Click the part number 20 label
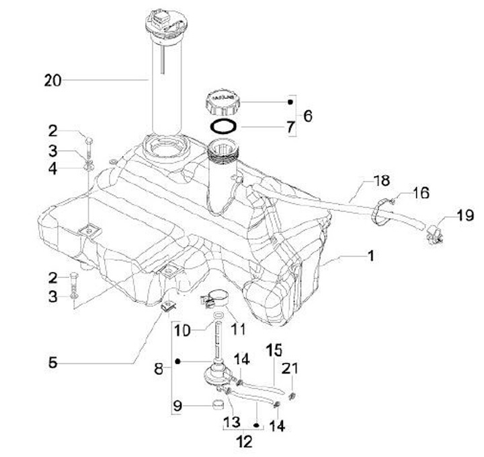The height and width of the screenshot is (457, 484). point(52,81)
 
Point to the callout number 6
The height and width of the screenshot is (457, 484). point(307,116)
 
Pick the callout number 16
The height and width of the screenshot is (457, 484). point(421,194)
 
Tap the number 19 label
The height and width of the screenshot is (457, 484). point(465,216)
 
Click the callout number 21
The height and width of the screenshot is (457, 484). point(290,368)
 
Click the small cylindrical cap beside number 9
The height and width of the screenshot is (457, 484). point(217,406)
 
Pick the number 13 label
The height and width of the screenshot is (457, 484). point(230,421)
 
